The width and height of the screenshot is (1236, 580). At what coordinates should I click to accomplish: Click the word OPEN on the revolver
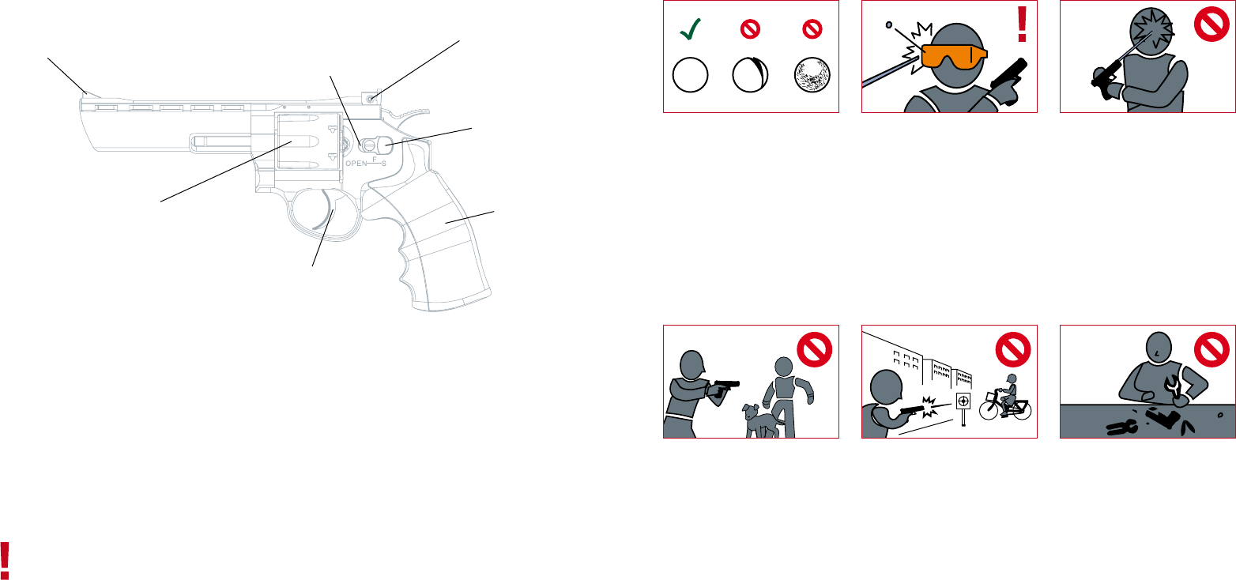[356, 164]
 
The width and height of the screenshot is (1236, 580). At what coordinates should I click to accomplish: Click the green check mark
[690, 29]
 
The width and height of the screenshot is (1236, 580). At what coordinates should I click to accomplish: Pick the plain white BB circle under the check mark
[690, 74]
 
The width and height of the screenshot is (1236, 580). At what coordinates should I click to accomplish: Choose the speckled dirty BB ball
[812, 75]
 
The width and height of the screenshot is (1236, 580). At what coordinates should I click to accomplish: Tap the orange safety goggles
[954, 57]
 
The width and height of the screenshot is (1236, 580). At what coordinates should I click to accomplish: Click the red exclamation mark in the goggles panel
[1022, 24]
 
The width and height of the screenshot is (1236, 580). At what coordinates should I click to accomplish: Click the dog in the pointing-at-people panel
[762, 420]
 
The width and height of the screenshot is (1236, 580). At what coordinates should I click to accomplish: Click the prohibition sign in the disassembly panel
[1212, 349]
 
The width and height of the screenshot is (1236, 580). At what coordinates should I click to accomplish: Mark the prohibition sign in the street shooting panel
[1013, 349]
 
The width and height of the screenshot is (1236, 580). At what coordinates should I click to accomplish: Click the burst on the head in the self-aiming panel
[1152, 28]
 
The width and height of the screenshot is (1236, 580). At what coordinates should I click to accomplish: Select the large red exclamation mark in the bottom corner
[5, 561]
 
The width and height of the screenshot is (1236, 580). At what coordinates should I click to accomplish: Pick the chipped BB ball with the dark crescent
[750, 74]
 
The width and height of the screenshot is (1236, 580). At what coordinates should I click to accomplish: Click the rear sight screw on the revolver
[370, 99]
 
